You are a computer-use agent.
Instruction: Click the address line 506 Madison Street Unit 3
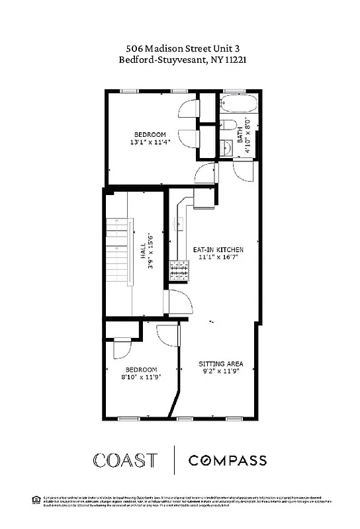(x=180, y=48)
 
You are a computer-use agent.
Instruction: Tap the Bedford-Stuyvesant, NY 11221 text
(x=180, y=60)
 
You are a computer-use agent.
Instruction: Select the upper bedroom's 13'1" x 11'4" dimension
(x=150, y=142)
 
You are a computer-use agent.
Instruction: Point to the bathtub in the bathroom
(x=238, y=104)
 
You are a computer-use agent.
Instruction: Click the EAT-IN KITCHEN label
(x=218, y=250)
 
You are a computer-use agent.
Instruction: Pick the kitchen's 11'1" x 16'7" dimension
(x=218, y=258)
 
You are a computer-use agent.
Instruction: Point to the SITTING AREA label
(x=221, y=364)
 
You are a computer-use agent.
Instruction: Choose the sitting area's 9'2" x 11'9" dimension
(x=221, y=372)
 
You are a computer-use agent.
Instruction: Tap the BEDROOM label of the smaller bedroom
(x=142, y=370)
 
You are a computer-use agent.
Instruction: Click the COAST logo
(x=125, y=460)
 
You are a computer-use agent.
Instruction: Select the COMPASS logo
(x=228, y=460)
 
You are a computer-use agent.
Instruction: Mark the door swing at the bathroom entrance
(x=241, y=170)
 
